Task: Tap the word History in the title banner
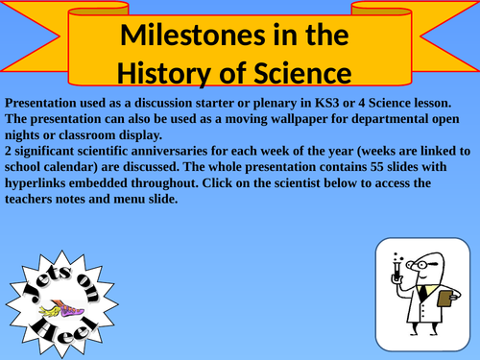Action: pyautogui.click(x=168, y=73)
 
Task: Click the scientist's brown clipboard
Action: pyautogui.click(x=445, y=300)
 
